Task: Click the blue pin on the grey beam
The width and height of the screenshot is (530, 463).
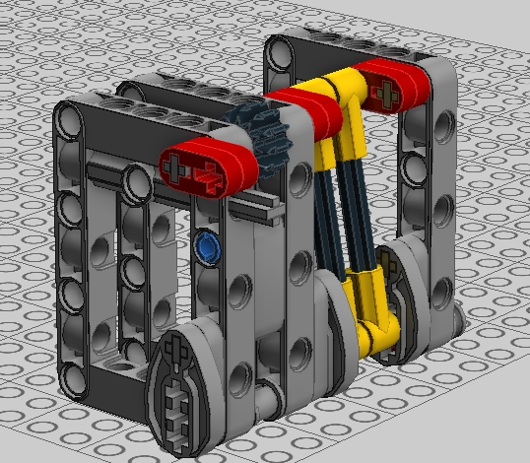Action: point(206,242)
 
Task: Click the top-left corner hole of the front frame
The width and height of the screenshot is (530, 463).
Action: point(72,120)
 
